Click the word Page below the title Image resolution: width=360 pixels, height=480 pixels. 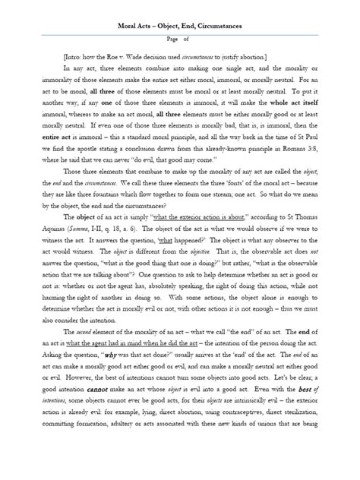coord(168,41)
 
